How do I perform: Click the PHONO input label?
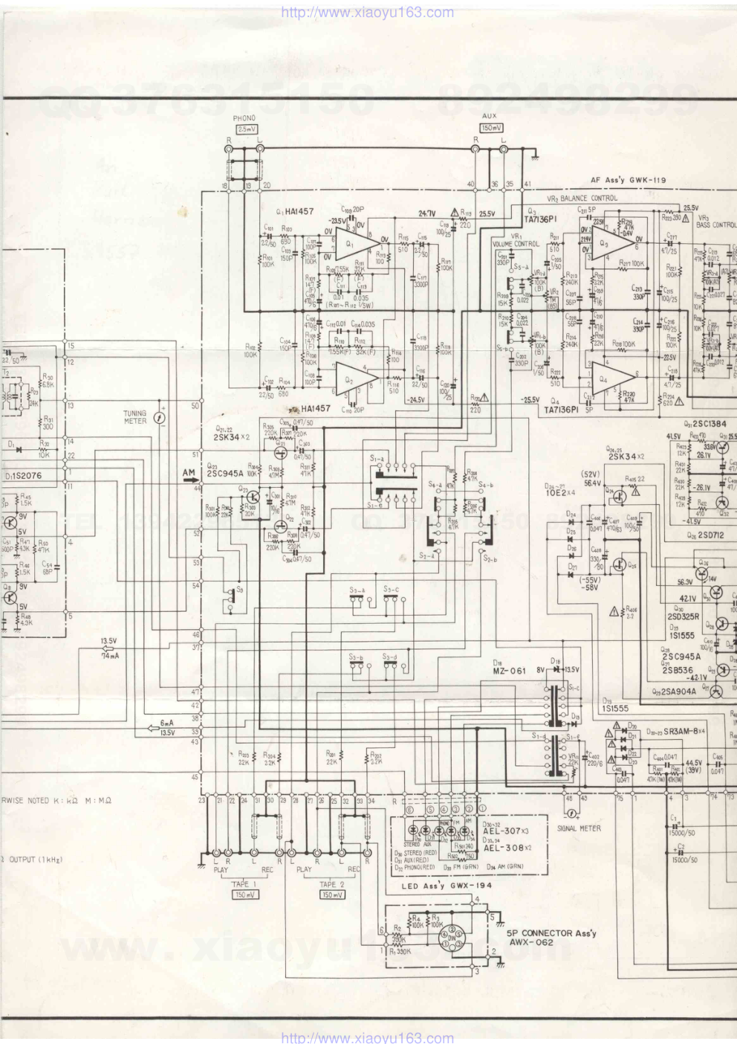pyautogui.click(x=244, y=118)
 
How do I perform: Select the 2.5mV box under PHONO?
pyautogui.click(x=244, y=129)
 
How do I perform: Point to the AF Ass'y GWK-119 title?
pyautogui.click(x=629, y=180)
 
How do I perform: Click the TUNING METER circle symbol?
pyautogui.click(x=160, y=419)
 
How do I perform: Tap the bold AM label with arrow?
pyautogui.click(x=190, y=473)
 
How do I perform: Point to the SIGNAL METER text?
pyautogui.click(x=579, y=828)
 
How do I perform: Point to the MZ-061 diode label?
pyautogui.click(x=509, y=670)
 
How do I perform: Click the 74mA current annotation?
pyautogui.click(x=110, y=656)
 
